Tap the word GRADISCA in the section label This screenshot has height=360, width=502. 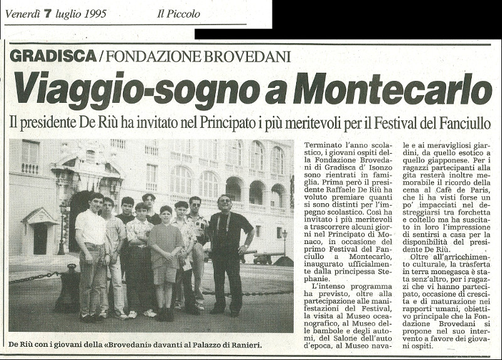pos(53,56)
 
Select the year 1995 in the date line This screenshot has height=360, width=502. pos(94,13)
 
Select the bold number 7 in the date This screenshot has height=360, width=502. pos(46,13)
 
